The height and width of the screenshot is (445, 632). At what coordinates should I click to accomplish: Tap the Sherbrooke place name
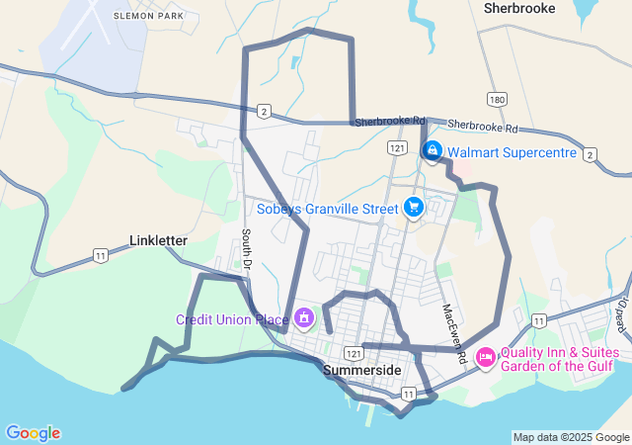click(x=519, y=8)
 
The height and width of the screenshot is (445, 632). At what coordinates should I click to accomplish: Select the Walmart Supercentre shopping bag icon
click(x=432, y=150)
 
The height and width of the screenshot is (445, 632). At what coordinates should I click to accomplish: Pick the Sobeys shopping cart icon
click(x=413, y=208)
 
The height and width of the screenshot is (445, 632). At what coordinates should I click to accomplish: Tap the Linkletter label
click(x=159, y=240)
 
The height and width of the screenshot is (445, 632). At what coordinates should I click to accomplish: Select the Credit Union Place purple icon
click(x=304, y=317)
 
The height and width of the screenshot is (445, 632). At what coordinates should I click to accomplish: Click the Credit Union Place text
click(x=232, y=319)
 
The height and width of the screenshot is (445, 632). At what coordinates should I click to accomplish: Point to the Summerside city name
click(x=362, y=370)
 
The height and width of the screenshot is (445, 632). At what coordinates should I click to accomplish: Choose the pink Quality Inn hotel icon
click(x=486, y=356)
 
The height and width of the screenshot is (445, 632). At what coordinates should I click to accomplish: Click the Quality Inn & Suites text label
click(x=560, y=352)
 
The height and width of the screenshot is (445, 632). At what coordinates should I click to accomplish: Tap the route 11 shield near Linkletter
click(x=101, y=255)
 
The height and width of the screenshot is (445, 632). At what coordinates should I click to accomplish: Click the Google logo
click(x=34, y=433)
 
